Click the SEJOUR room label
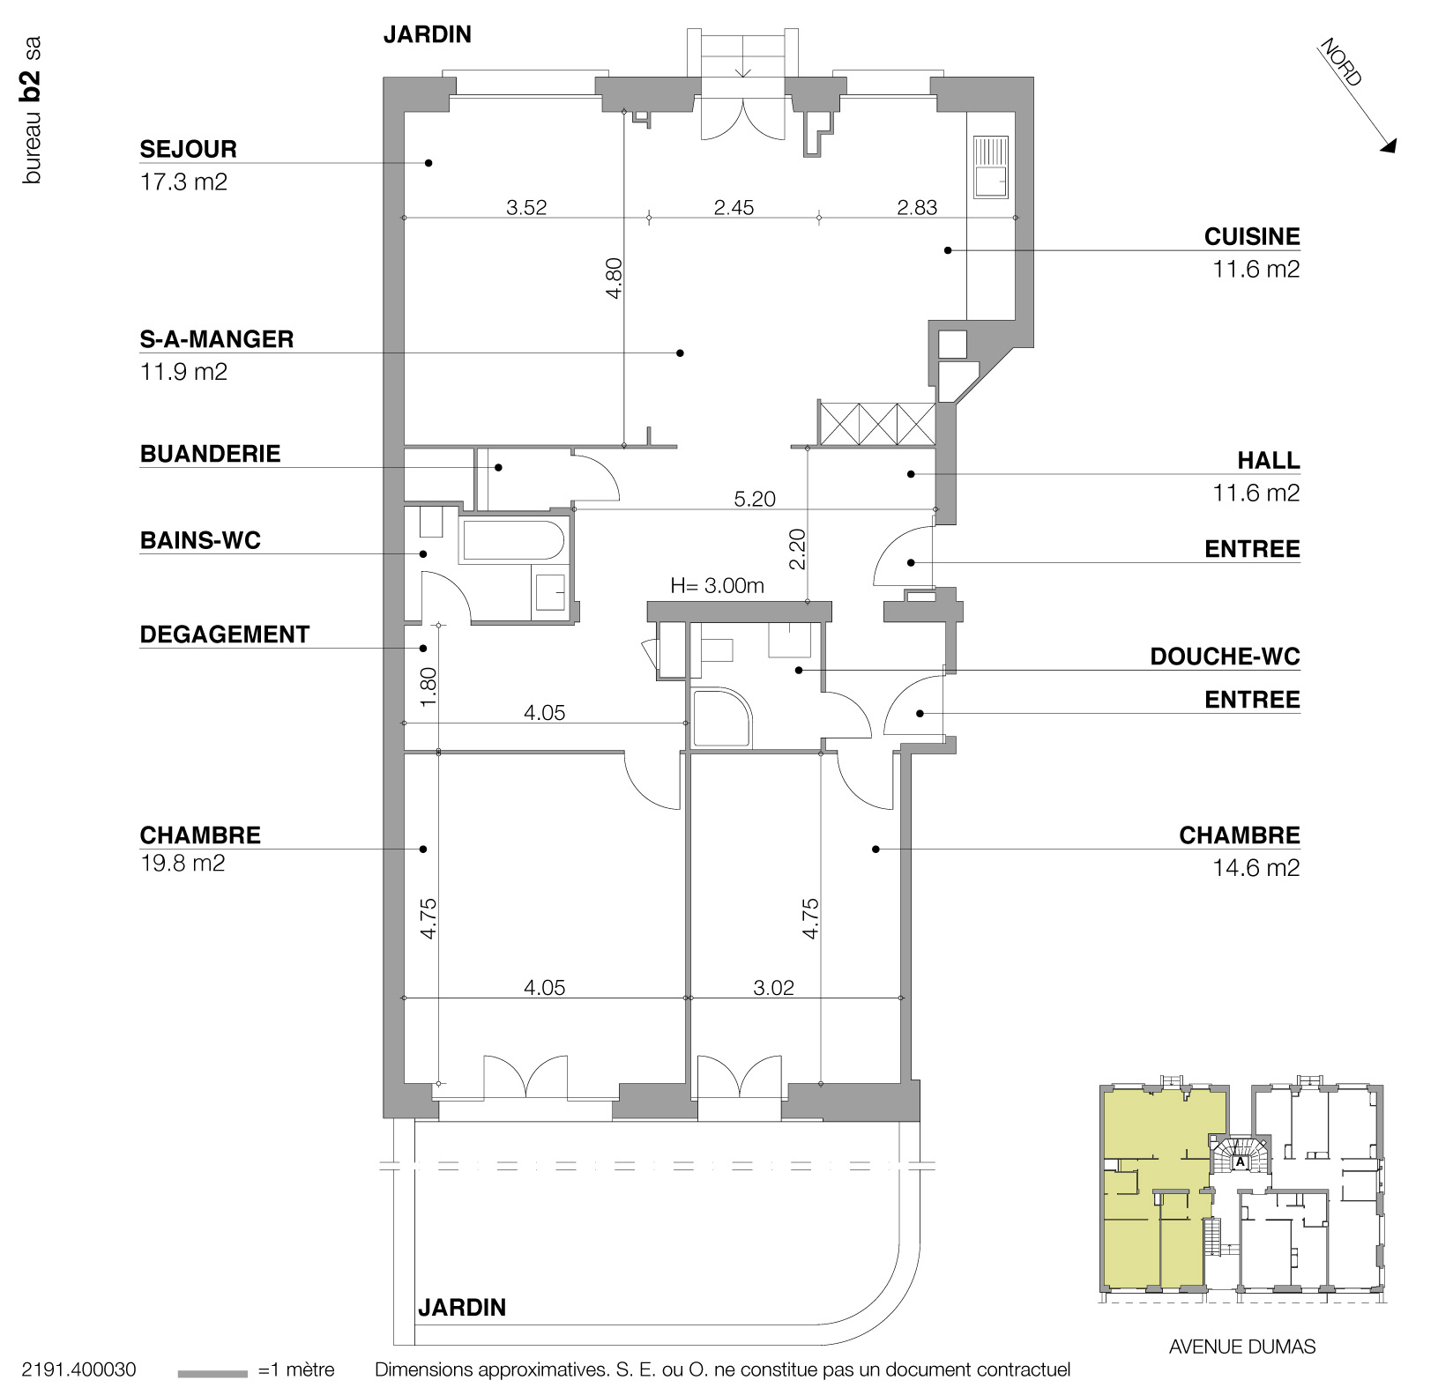coord(188,149)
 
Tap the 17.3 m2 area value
coord(183,182)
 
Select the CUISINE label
coord(1252,236)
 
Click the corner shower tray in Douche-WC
coord(722,718)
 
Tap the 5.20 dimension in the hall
coord(755,499)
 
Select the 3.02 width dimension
coord(773,988)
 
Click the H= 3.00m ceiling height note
coord(717,585)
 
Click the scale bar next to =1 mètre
coord(212,1373)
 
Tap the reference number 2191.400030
coord(78,1370)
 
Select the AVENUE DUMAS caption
coord(1241,1347)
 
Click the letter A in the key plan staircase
coord(1241,1161)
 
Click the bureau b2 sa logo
coord(32,110)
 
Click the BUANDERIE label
coord(210,454)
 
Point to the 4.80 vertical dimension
coord(615,278)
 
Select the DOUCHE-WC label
coord(1225,657)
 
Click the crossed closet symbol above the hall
coord(876,423)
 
